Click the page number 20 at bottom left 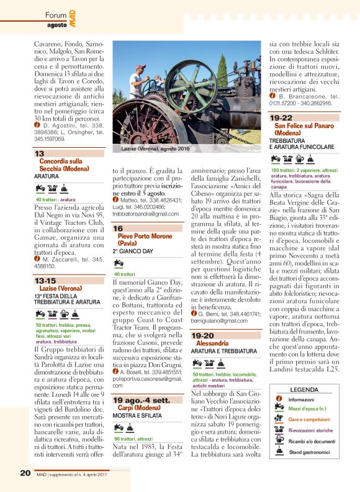(x=25, y=473)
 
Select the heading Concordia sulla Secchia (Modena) (x=64, y=165)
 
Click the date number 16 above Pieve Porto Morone (x=118, y=229)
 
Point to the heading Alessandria (x=213, y=343)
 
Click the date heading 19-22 (x=281, y=117)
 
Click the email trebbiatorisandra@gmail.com (x=145, y=213)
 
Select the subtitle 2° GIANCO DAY (x=132, y=253)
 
